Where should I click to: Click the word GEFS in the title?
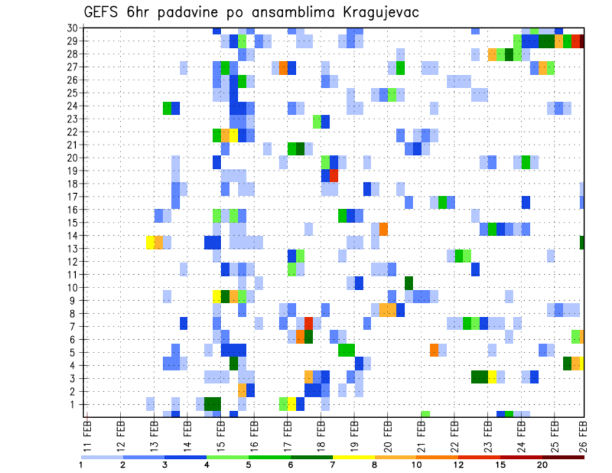[x=103, y=12]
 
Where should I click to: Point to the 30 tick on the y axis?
[x=73, y=28]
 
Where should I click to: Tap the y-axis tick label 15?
[x=73, y=222]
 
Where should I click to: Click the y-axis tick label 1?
[x=75, y=404]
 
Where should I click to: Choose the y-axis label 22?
[x=73, y=132]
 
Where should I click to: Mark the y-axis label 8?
[x=75, y=314]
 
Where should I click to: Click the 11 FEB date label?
[x=87, y=435]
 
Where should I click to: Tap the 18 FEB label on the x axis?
[x=321, y=435]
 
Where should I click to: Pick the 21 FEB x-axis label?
[x=421, y=435]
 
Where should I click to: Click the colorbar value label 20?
[x=543, y=465]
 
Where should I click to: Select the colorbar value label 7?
[x=332, y=465]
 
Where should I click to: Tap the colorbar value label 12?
[x=458, y=465]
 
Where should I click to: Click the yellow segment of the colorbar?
[x=353, y=457]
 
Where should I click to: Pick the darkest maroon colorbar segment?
[x=564, y=457]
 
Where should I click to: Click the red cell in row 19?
[x=333, y=175]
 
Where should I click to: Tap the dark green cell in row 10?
[x=409, y=282]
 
